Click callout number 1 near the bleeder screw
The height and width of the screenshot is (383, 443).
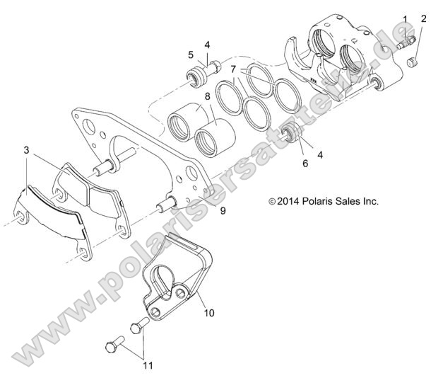point(406,18)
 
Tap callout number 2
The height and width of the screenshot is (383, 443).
point(423,18)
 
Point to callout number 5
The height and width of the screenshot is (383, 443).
point(191,54)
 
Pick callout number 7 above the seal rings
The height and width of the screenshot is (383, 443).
point(232,70)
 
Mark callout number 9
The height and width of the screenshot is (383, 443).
point(223,210)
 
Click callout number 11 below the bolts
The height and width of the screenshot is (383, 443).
point(148,365)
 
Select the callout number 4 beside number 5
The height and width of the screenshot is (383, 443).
point(207,45)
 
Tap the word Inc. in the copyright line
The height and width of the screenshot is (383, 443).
point(370,201)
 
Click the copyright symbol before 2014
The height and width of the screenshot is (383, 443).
point(273,202)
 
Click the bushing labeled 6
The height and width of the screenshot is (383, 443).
point(289,132)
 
